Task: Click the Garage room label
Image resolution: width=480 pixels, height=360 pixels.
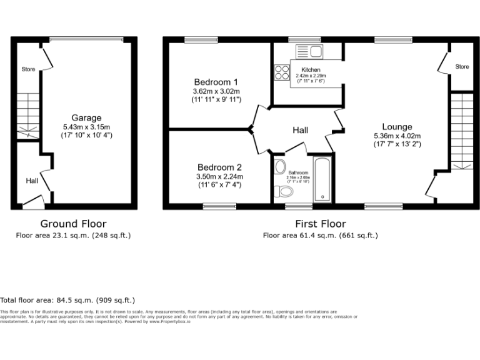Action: tap(86, 118)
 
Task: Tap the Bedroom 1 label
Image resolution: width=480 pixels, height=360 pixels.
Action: tap(216, 82)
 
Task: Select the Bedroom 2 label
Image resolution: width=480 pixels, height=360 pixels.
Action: tap(219, 167)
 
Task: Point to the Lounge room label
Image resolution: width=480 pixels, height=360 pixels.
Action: tap(397, 127)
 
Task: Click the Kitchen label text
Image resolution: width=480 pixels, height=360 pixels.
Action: tap(311, 70)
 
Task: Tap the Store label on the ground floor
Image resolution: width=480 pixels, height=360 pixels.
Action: tap(27, 69)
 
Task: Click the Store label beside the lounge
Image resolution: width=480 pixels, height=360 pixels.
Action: tap(462, 67)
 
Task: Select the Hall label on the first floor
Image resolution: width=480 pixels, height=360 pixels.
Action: tap(301, 130)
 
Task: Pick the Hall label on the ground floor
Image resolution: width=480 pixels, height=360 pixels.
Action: tap(31, 181)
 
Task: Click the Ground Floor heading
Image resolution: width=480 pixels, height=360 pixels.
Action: tap(73, 224)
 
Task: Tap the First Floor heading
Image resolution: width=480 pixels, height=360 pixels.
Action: tap(320, 224)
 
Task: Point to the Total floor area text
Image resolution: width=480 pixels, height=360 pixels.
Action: tap(67, 300)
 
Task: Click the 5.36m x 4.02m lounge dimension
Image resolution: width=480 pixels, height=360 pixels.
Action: tap(397, 136)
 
